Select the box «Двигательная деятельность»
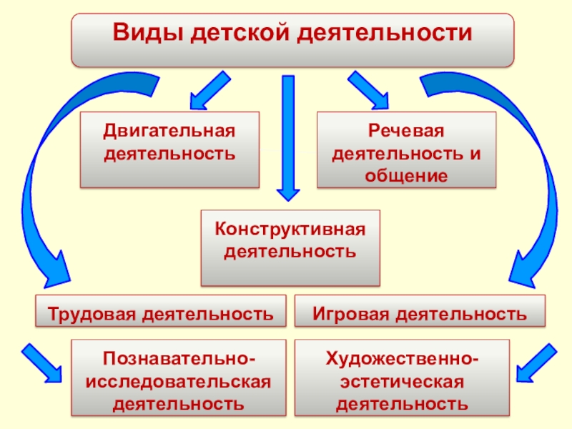tap(169, 149)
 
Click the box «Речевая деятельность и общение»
tap(406, 149)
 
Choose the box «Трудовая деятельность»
tap(161, 313)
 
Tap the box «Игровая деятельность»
tap(420, 313)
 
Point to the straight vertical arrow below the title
tap(289, 136)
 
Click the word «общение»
tap(406, 175)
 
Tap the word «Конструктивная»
tap(290, 230)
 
